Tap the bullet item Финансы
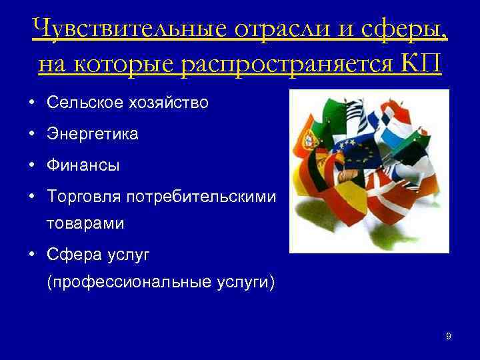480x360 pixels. coord(83,165)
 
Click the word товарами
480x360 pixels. coord(85,224)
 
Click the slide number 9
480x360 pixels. coord(448,337)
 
